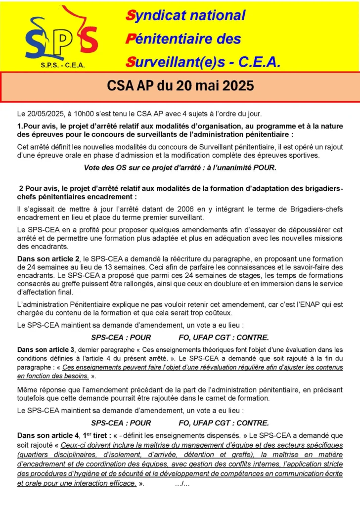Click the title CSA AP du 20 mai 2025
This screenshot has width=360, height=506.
coord(180,86)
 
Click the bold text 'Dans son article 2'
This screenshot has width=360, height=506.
coord(47,259)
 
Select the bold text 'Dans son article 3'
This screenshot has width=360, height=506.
coord(47,350)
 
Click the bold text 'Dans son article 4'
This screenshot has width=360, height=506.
coord(47,435)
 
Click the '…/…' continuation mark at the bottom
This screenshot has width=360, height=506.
coord(182,483)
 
